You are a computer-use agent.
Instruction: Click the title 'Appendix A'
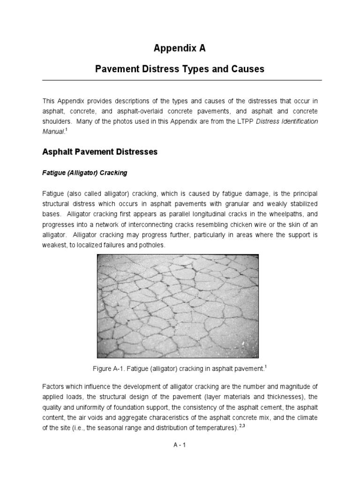coord(180,48)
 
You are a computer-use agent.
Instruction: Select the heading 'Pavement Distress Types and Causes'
coord(180,69)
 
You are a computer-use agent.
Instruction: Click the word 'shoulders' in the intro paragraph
coord(57,121)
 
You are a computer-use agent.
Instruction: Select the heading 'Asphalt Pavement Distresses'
coord(100,152)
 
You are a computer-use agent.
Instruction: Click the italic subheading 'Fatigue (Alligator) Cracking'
coord(85,173)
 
